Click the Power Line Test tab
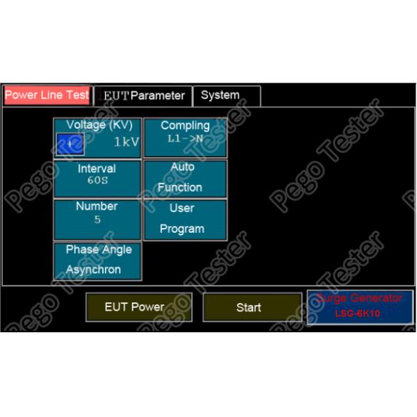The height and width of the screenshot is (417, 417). click(47, 95)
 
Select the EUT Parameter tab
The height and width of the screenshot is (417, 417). click(143, 96)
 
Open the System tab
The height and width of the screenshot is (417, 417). click(220, 95)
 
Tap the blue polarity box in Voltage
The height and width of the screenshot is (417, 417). click(70, 144)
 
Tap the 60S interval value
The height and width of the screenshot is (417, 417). click(97, 181)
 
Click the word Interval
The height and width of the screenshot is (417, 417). click(97, 169)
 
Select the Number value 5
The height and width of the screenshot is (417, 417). click(97, 220)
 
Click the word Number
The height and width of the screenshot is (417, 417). click(97, 206)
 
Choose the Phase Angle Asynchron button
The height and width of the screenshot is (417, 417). click(97, 260)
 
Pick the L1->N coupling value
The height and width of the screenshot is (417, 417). click(185, 138)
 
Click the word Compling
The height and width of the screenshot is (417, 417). click(185, 126)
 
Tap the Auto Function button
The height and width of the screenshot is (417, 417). click(185, 178)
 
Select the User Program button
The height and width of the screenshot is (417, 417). click(185, 218)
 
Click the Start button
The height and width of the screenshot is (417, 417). click(248, 307)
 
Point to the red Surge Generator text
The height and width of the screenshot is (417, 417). click(359, 298)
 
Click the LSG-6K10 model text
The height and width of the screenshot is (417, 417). click(359, 313)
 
